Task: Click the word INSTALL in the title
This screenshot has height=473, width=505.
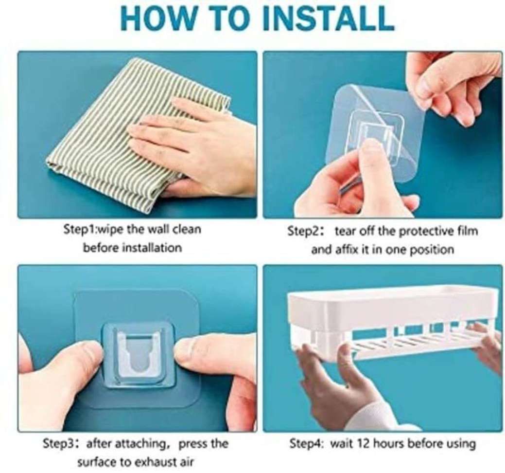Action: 328,18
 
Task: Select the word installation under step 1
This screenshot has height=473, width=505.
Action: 153,248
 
